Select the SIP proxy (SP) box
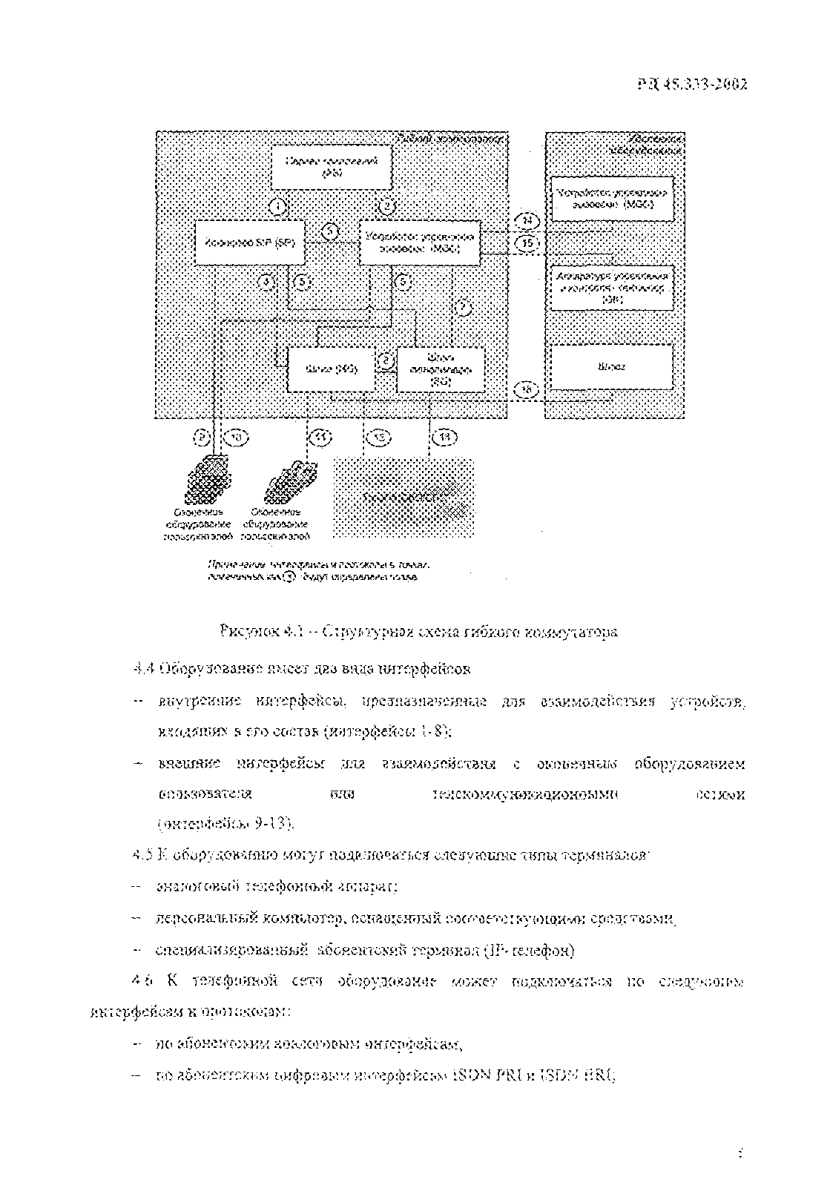pyautogui.click(x=249, y=243)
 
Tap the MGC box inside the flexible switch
pyautogui.click(x=419, y=243)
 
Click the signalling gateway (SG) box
pyautogui.click(x=441, y=369)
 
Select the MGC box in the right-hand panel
pyautogui.click(x=611, y=198)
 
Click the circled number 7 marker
pyautogui.click(x=461, y=306)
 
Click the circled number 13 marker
pyautogui.click(x=444, y=438)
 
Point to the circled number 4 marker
pyautogui.click(x=267, y=282)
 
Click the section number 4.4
pyautogui.click(x=142, y=668)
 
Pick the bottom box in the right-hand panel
pyautogui.click(x=611, y=366)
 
